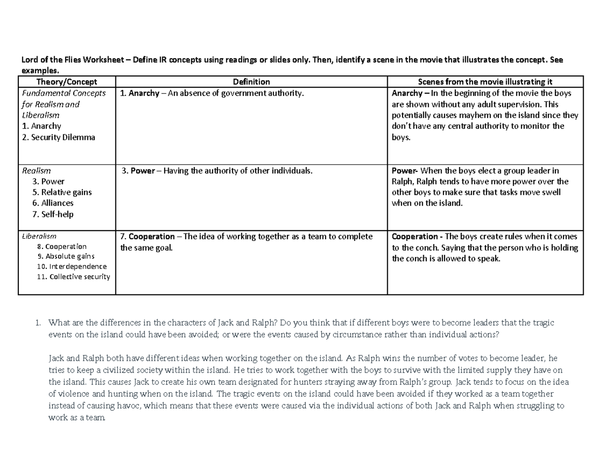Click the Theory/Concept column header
pyautogui.click(x=67, y=82)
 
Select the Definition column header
pyautogui.click(x=251, y=82)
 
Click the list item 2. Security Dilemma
pyautogui.click(x=58, y=137)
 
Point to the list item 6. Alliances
pyautogui.click(x=53, y=203)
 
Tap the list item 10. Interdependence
pyautogui.click(x=72, y=266)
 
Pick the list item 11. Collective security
pyautogui.click(x=74, y=277)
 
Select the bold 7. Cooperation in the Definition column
pyautogui.click(x=148, y=237)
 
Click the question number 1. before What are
pyautogui.click(x=37, y=323)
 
